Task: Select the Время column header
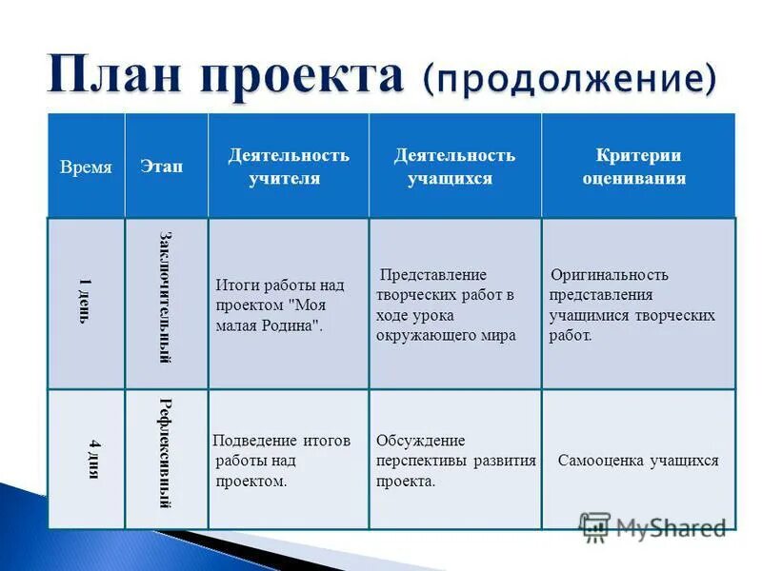tap(86, 167)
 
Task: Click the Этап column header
tap(162, 167)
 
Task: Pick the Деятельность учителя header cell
tap(288, 167)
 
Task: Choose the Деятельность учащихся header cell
tap(454, 167)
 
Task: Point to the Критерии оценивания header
tap(637, 167)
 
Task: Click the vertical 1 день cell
tap(86, 302)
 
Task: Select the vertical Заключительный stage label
tap(165, 296)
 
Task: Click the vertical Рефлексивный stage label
tap(165, 452)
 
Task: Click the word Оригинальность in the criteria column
tap(610, 275)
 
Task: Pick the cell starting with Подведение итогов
tap(281, 461)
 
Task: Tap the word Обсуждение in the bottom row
tap(420, 441)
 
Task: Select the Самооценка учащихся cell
tap(638, 461)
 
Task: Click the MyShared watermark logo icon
tap(595, 526)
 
